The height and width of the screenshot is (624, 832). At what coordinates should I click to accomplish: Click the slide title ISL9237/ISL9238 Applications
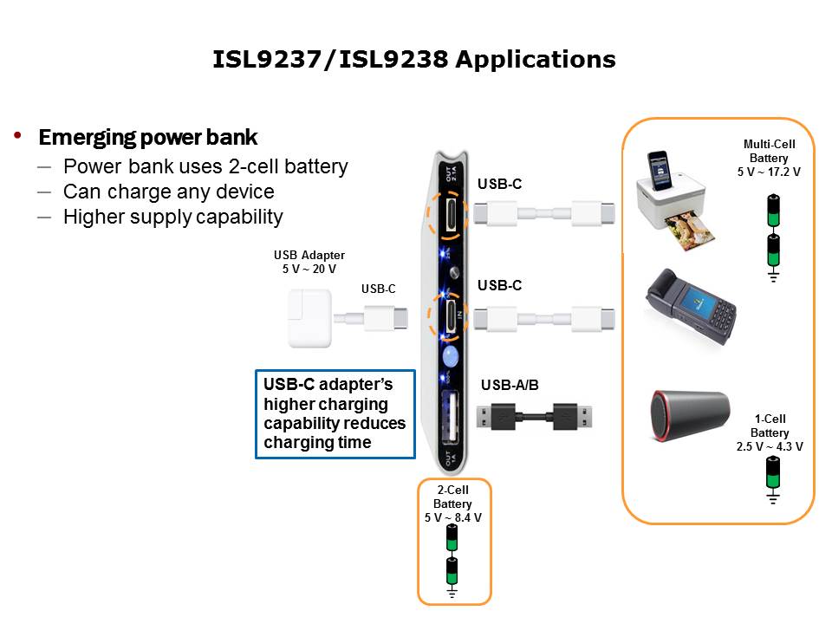coord(414,60)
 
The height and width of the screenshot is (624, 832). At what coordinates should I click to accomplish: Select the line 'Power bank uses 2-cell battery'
coord(205,166)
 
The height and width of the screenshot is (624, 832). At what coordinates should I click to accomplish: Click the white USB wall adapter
coord(309,318)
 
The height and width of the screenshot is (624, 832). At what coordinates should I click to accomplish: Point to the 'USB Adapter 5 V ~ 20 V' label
coord(309,262)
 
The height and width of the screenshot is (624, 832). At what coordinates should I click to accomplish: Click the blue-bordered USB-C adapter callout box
coord(335,414)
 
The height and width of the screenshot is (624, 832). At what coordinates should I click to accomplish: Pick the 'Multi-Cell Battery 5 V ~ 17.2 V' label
coord(769,158)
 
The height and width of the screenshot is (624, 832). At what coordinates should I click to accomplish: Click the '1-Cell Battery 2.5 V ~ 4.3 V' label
coord(770,432)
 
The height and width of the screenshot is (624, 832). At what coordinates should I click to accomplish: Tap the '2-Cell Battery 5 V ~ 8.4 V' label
coord(452,504)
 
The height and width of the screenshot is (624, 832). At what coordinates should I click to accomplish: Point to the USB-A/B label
coord(510,385)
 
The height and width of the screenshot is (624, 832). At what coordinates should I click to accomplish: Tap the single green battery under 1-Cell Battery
coord(772,473)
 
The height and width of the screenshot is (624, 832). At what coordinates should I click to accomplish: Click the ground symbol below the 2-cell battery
coord(452,593)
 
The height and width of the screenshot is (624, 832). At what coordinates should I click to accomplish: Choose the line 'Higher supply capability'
coord(172,217)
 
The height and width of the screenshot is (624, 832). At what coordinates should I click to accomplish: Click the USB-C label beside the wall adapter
coord(378,289)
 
